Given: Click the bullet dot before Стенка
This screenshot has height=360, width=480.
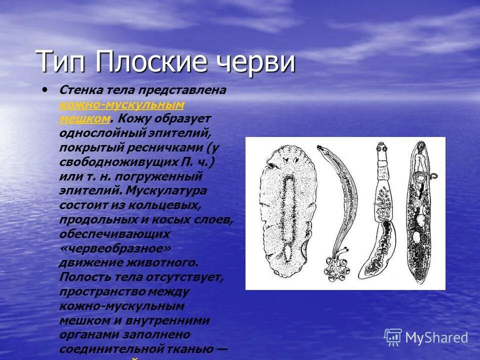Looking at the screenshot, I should [46, 90].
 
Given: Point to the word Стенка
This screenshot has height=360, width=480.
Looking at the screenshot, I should [81, 90].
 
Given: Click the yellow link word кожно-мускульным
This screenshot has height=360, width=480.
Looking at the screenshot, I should [122, 104].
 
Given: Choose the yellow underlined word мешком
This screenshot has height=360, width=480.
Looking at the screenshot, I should [84, 118].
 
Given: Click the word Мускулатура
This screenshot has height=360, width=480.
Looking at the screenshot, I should [166, 191].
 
